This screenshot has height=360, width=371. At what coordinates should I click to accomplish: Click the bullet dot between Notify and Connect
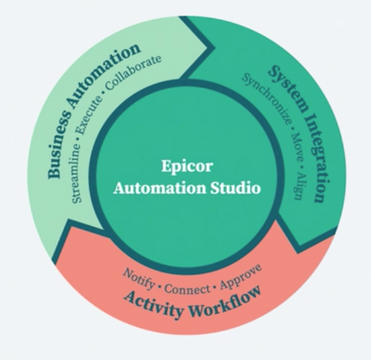pyautogui.click(x=159, y=285)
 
